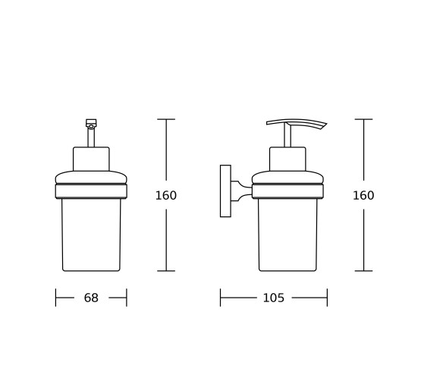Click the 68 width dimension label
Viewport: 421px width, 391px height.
pos(91,298)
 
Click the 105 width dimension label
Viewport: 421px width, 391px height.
pos(273,298)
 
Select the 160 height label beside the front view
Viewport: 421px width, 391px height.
pos(166,195)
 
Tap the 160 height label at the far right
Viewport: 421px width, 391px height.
pos(363,195)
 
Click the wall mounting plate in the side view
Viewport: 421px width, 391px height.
pos(225,191)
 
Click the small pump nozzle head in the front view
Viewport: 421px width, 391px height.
pos(91,123)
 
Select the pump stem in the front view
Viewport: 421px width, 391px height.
pos(91,137)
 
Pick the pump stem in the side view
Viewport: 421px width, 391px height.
pos(287,136)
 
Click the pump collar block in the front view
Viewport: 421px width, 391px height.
pos(91,159)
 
